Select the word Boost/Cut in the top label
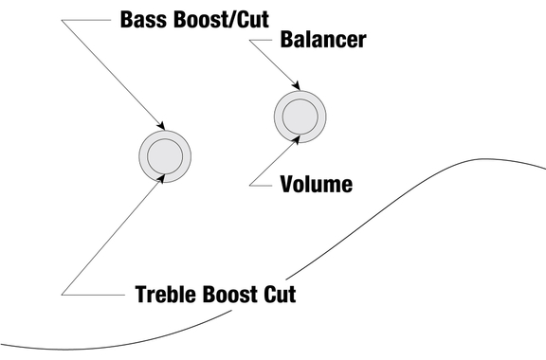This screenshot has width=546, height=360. coord(221,20)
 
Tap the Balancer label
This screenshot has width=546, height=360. coord(323,40)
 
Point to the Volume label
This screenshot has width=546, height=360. coord(317,184)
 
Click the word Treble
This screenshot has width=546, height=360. coord(166,295)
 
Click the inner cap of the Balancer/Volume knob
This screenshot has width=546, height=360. coord(300,117)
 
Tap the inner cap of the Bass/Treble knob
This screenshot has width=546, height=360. coord(165,156)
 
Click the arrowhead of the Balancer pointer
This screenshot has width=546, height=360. coord(297,85)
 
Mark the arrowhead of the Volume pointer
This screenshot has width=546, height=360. coord(296,139)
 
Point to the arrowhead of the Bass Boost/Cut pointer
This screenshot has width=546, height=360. coord(161,125)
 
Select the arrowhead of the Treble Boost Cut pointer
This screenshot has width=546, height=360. coord(160,179)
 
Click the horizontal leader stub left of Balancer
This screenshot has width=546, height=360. coord(261,40)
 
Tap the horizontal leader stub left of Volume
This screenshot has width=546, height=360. coord(261,186)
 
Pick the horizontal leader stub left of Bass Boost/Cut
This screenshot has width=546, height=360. coord(86,20)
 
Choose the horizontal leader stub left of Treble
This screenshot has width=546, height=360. coord(93,295)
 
